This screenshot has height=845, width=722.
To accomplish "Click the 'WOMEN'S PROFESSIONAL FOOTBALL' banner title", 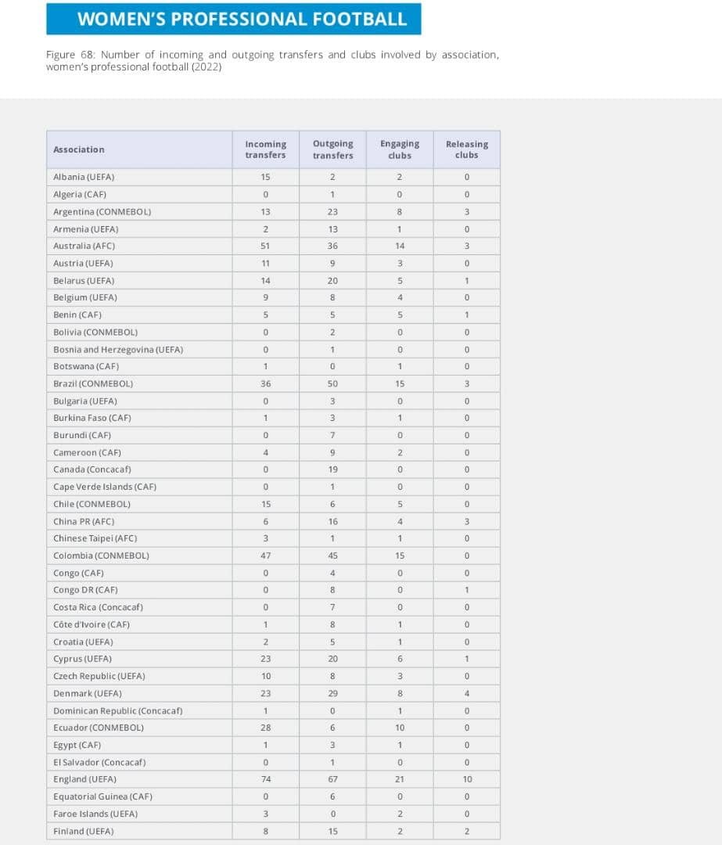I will coord(242,19).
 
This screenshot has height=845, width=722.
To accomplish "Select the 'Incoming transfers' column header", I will coord(265,149).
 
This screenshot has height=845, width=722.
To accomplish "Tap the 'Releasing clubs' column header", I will coord(466,149).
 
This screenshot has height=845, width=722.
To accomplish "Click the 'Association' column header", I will coord(79,149).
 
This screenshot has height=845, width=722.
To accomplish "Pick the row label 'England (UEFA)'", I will coord(84,779).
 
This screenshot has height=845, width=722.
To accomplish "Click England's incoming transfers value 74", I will coord(265,779).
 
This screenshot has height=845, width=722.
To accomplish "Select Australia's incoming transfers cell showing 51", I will coord(265,246).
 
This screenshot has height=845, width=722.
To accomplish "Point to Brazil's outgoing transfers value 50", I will coord(332,383).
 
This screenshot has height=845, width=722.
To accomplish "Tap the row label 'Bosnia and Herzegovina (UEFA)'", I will coord(118,349).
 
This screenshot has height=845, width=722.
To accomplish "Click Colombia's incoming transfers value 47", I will coord(265,556).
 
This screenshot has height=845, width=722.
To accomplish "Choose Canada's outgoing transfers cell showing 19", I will coord(332,469).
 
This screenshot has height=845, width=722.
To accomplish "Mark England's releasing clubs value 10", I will coord(466,779).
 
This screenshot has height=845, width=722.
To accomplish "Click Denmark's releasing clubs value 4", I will coord(466,693).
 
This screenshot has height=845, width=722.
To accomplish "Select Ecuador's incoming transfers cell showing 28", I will coord(265,728).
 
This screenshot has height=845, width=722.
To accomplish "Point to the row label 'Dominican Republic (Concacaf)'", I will coord(118,710).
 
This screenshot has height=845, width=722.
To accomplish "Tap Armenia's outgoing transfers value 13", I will coord(332,228).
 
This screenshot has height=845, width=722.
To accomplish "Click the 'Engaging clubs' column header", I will coord(400,149).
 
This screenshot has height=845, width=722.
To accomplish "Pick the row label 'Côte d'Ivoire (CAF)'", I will coord(92,624).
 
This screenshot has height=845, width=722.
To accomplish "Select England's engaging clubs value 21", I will coord(400,779).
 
